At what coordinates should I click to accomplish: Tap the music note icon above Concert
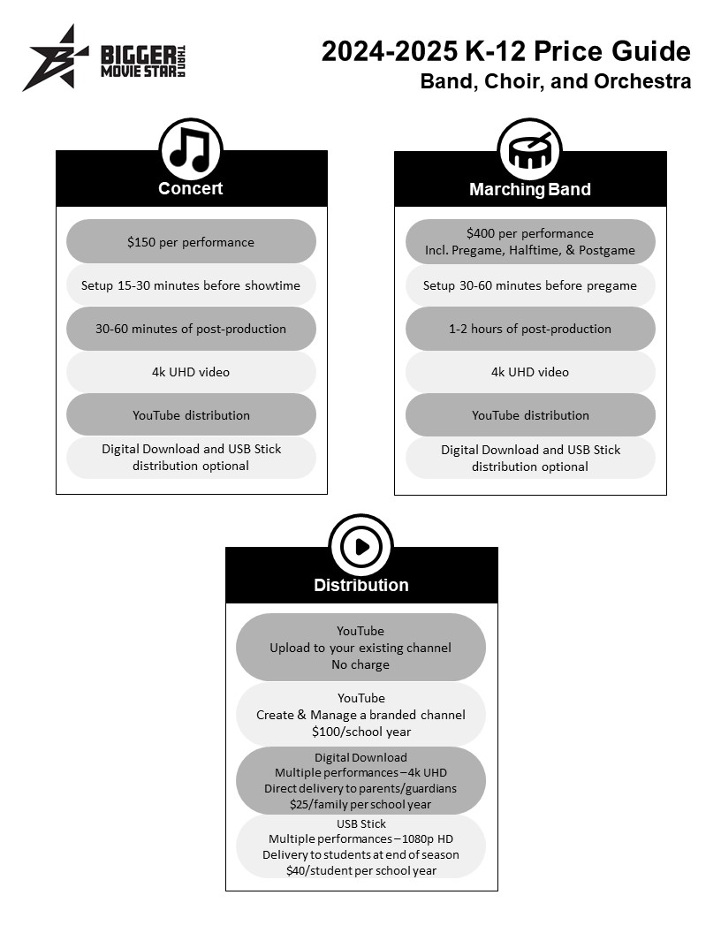point(190,150)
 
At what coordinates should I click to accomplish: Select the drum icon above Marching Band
point(529,150)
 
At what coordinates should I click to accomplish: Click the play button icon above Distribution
point(361,546)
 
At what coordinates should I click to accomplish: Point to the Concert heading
point(190,188)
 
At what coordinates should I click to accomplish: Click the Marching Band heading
point(530,189)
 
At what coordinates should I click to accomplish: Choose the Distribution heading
point(361,585)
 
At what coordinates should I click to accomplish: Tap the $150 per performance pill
point(191,241)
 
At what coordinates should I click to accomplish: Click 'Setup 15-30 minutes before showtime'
point(190,285)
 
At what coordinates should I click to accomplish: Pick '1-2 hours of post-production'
point(530,329)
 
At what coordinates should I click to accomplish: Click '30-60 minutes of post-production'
point(190,329)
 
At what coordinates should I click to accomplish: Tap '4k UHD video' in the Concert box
point(190,373)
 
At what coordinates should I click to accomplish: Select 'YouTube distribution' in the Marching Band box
point(530,415)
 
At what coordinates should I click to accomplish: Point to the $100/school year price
point(361,732)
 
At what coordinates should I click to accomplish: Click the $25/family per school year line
point(360,805)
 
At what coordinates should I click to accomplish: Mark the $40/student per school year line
point(361,870)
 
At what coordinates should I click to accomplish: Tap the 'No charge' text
point(360,664)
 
